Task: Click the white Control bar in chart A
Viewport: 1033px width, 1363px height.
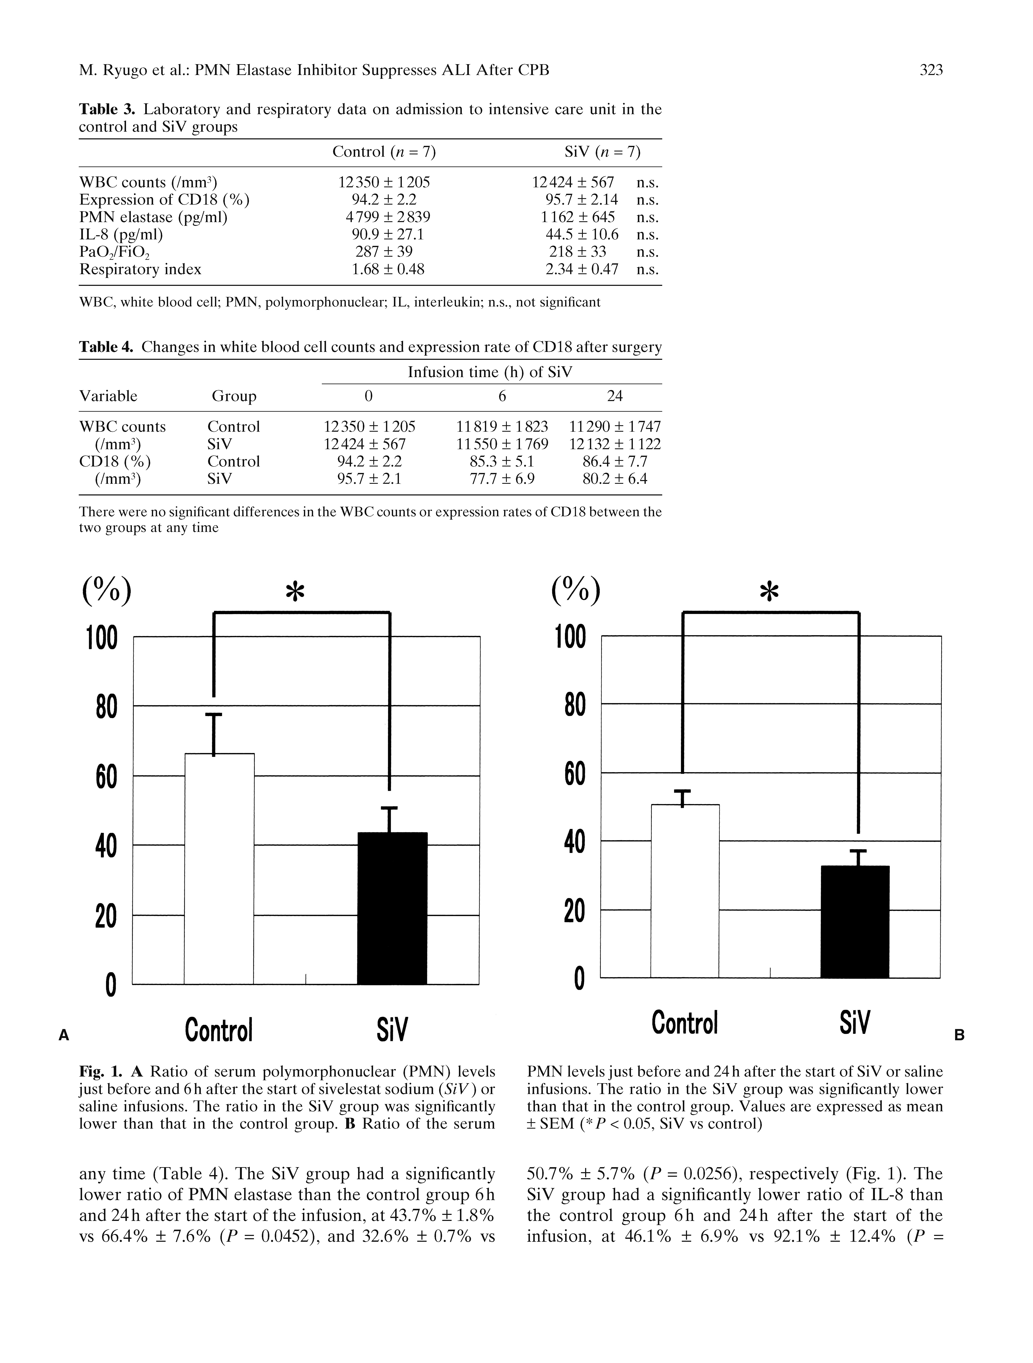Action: (219, 869)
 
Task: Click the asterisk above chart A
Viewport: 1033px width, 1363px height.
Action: (296, 593)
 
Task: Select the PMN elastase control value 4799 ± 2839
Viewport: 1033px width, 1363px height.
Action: (384, 217)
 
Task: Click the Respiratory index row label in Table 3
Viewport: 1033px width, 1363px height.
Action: (140, 269)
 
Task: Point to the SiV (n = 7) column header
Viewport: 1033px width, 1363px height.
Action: (602, 152)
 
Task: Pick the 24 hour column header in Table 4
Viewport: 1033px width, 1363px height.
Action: (615, 396)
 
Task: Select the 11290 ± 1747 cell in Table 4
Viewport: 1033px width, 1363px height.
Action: (615, 426)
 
